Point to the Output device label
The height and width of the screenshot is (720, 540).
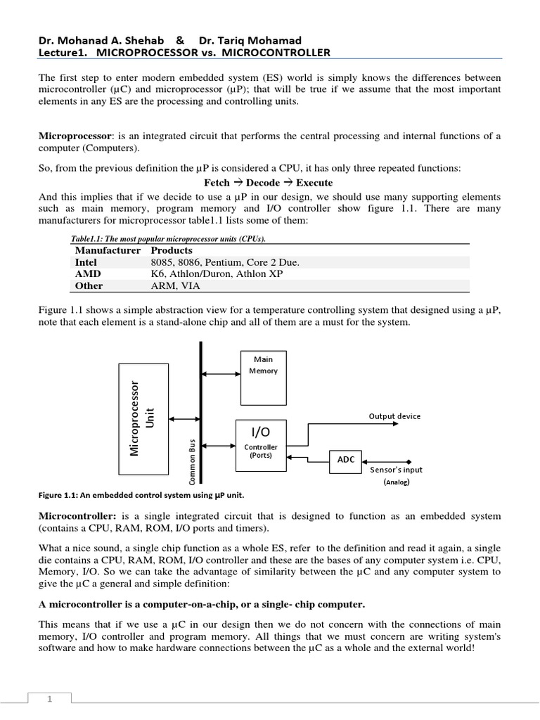click(394, 416)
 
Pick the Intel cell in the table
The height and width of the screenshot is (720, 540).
click(86, 262)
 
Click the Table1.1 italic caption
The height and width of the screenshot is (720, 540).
click(163, 239)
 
